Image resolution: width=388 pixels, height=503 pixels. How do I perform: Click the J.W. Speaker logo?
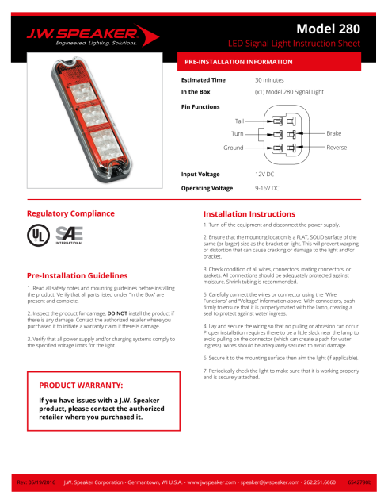coord(83,36)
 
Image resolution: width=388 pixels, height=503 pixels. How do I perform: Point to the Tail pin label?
coord(239,120)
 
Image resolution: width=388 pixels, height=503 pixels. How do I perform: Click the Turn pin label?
coord(237,134)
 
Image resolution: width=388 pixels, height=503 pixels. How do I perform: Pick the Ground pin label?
coord(233,148)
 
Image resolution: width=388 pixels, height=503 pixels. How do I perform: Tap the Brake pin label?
coord(333,134)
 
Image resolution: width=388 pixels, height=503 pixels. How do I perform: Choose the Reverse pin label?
coord(337,148)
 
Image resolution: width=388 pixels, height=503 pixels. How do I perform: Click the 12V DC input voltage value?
coord(265,173)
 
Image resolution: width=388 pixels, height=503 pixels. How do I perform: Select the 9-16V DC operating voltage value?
coord(267,188)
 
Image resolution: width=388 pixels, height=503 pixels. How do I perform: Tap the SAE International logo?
coord(68,236)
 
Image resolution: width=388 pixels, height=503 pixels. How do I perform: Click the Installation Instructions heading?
coord(249,214)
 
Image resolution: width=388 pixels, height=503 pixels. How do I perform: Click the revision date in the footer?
coord(36,482)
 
